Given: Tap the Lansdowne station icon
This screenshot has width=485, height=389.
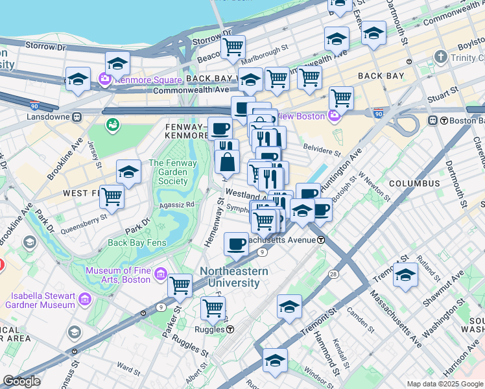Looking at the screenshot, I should point(77,117).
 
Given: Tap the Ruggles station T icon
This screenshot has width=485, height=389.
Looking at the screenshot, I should point(230,329).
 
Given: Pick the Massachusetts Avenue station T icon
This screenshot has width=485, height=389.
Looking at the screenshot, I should point(321,240).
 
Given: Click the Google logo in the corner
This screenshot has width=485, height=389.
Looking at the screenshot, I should point(21,381).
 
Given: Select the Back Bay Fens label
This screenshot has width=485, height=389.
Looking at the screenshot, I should point(137,243).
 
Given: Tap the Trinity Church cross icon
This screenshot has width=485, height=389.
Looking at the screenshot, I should point(441,57).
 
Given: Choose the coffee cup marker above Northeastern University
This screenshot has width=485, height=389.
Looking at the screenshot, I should point(236,244).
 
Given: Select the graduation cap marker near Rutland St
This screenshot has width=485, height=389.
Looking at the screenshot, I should point(405,274).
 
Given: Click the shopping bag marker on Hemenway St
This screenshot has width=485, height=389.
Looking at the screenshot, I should point(228,162).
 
